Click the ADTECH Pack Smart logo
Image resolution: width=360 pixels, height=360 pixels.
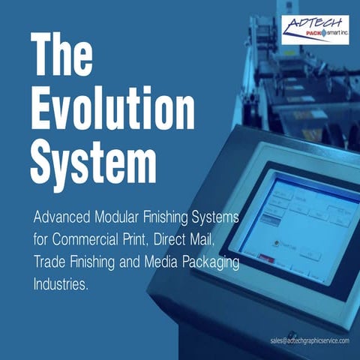tap(315, 30)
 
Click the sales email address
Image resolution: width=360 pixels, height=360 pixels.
tap(309, 340)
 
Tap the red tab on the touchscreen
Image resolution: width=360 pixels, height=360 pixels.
tap(264, 258)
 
